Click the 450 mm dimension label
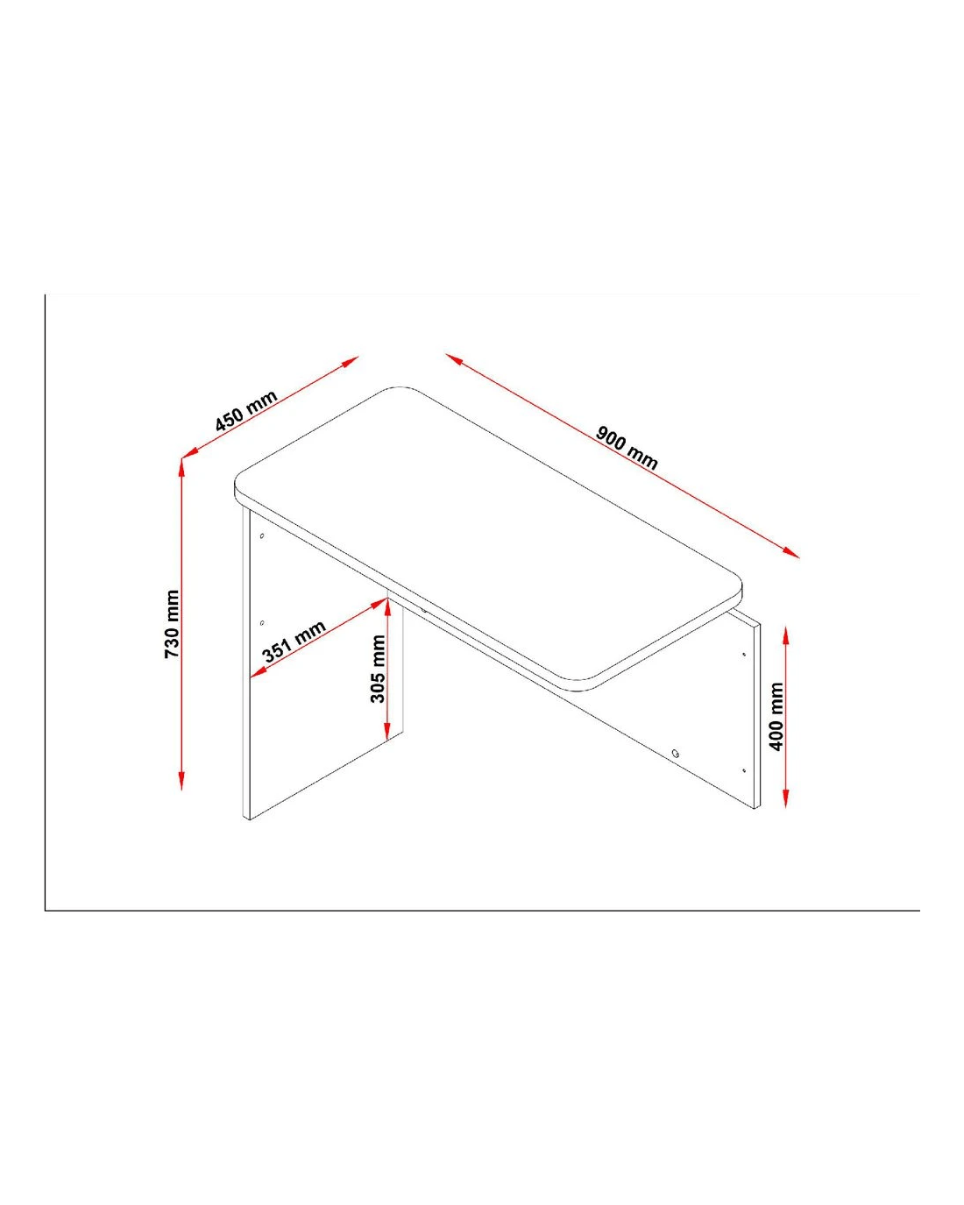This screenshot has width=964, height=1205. (246, 410)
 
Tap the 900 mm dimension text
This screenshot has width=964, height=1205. (627, 448)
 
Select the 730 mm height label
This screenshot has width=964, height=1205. (172, 624)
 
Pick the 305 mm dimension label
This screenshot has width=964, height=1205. (378, 669)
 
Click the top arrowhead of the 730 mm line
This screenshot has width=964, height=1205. (181, 467)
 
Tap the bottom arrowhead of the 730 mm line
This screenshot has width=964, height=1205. (181, 781)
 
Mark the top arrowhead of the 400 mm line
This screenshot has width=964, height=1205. (786, 635)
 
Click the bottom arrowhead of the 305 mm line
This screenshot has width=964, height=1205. (386, 729)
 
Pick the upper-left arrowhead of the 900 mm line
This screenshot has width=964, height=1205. (454, 358)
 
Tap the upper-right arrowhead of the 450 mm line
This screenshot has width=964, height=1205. (350, 361)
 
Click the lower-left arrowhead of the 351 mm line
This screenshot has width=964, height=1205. (259, 672)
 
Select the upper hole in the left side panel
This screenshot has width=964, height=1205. (262, 536)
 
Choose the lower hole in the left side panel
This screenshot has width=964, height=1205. (262, 623)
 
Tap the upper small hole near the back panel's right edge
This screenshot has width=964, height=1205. (744, 654)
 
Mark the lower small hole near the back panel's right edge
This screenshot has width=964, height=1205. (744, 771)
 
